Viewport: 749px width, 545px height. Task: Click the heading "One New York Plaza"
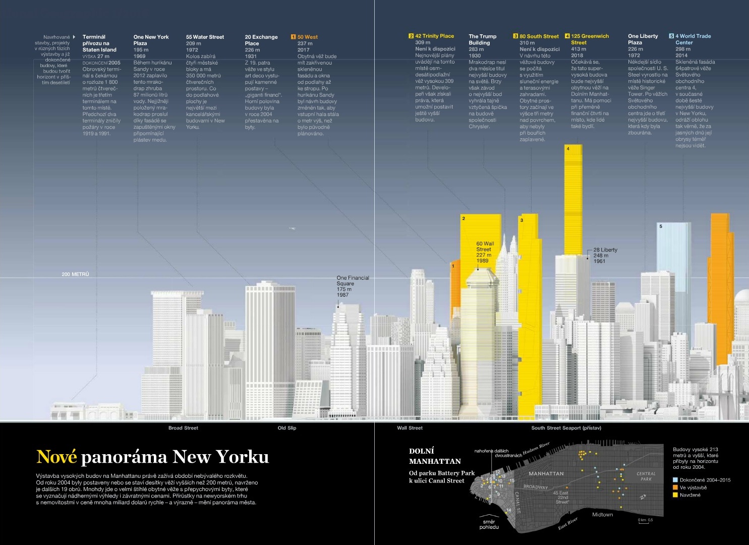coord(151,40)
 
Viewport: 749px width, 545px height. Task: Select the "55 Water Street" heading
coord(205,37)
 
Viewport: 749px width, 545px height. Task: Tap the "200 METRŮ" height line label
coord(75,274)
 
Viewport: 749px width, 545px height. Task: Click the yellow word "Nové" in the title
coord(56,457)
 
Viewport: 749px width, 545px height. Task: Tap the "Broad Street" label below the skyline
coord(183,428)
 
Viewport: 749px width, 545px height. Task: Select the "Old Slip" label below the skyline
coord(287,428)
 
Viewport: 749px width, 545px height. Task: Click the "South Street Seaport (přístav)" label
coord(566,428)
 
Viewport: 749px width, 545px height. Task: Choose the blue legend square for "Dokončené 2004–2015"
coord(675,480)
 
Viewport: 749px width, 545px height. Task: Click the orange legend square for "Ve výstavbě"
coord(675,487)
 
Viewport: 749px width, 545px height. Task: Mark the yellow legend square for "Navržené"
coord(675,495)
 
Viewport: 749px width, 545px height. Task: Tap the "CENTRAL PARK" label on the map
coord(646,476)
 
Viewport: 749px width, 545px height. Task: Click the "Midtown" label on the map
coord(602,515)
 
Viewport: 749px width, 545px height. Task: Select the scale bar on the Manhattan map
coord(644,523)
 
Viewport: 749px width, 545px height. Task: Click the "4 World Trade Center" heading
coord(693,39)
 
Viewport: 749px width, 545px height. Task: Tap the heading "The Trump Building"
coord(482,39)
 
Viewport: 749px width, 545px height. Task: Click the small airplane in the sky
coord(292,229)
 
